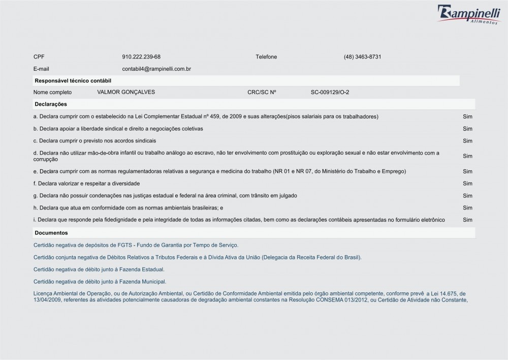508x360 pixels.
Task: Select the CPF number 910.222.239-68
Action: point(141,56)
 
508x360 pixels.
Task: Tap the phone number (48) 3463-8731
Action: point(362,56)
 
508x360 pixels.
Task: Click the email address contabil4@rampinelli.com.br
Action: point(156,69)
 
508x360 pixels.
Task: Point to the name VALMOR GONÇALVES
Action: point(126,92)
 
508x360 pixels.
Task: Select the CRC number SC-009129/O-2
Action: point(330,92)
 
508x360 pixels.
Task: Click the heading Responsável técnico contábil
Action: point(73,80)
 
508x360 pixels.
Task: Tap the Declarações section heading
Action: point(51,104)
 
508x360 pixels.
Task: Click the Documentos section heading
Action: point(51,232)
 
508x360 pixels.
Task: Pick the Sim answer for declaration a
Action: point(468,116)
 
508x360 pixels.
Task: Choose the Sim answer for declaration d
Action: point(468,156)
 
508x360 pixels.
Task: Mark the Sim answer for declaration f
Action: point(468,183)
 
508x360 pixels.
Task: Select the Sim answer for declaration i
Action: point(468,220)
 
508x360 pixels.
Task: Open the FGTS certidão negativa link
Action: point(136,245)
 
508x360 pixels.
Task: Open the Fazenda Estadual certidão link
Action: point(99,269)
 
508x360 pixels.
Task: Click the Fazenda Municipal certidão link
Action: point(100,281)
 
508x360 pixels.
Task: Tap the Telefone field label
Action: point(266,56)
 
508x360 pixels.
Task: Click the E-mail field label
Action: point(41,69)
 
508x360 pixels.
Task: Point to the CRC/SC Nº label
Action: point(262,92)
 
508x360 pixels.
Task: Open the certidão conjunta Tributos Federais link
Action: point(197,257)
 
